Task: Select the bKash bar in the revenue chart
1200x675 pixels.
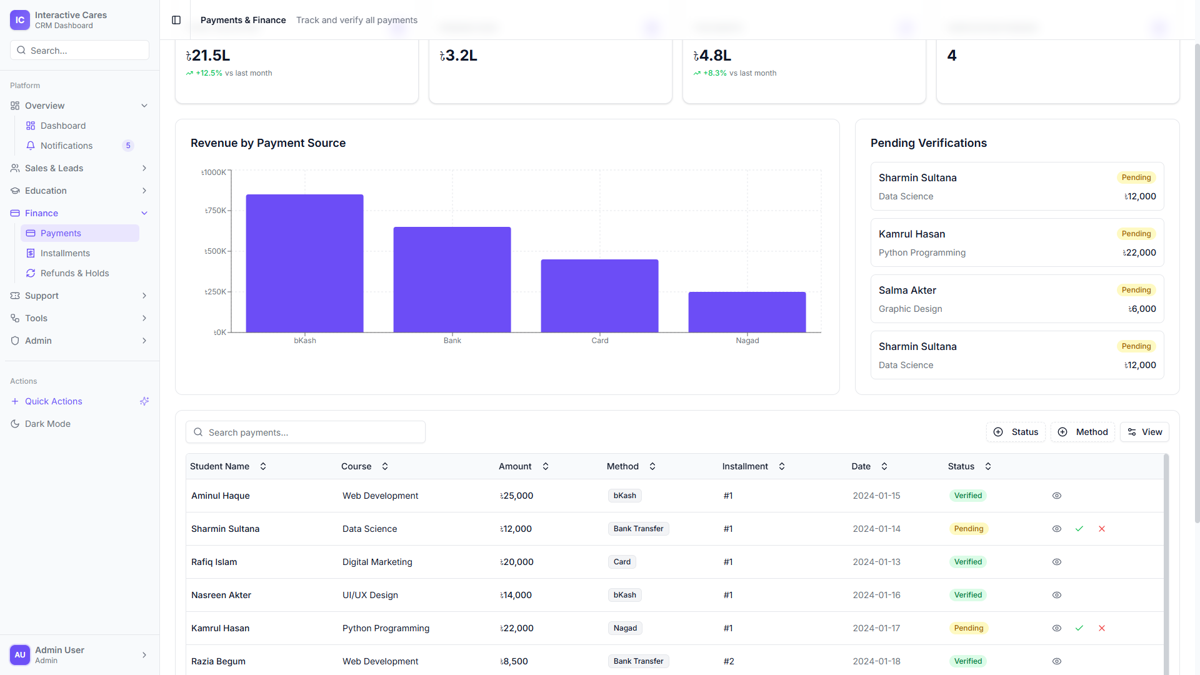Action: (304, 263)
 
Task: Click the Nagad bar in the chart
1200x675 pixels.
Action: (747, 312)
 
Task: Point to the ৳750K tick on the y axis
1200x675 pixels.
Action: (216, 211)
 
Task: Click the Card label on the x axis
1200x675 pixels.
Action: (599, 341)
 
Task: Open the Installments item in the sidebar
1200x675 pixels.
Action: (65, 253)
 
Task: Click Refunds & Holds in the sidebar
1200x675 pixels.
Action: (74, 273)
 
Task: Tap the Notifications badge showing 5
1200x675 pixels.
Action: (128, 146)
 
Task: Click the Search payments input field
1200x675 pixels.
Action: (306, 432)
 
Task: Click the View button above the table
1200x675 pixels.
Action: (1144, 432)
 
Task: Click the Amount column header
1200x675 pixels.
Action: (515, 466)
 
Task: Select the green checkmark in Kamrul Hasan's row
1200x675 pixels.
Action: (1079, 628)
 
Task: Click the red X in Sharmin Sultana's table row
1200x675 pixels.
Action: (1101, 529)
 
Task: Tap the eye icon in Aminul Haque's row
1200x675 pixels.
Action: (1056, 496)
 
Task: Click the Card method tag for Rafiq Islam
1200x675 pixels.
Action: (621, 562)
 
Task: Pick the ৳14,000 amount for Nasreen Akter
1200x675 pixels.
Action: (516, 595)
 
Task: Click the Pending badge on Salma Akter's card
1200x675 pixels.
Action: (1136, 290)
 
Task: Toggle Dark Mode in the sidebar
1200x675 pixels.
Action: (47, 424)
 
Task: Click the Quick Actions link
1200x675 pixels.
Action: (53, 401)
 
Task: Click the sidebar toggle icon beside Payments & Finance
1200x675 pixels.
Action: (176, 20)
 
